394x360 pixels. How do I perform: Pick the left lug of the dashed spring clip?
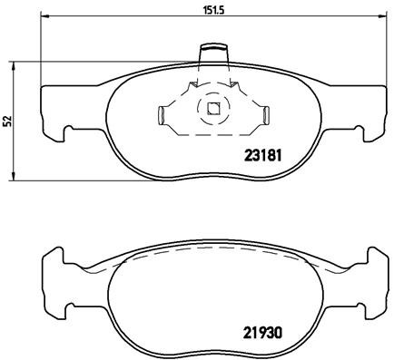click(x=163, y=115)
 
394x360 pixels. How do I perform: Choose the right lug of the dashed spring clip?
click(x=268, y=115)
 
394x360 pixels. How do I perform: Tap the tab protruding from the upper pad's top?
click(x=214, y=53)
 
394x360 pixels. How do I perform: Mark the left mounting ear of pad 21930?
click(x=53, y=268)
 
